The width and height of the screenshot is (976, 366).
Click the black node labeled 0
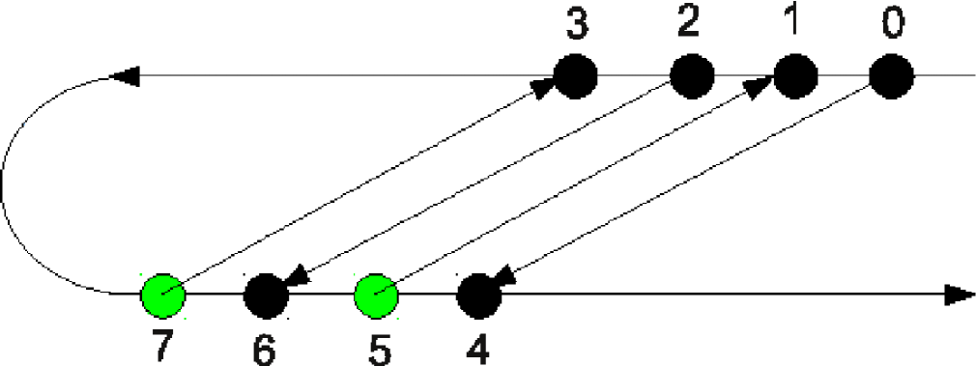[x=891, y=75]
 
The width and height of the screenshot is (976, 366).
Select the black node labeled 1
[x=796, y=75]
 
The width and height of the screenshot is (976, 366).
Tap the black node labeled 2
[x=692, y=75]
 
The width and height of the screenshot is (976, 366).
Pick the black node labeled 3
[x=576, y=75]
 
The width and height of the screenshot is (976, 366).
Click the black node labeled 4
[x=478, y=295]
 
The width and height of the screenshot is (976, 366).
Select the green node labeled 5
[x=377, y=295]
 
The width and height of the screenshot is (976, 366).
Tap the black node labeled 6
[x=267, y=295]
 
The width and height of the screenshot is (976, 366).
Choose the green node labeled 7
[x=162, y=295]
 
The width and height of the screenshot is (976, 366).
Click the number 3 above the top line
[x=577, y=26]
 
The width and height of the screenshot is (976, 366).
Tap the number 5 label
[x=381, y=350]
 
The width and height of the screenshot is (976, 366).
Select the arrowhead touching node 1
[x=761, y=87]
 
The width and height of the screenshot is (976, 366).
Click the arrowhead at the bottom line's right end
[x=959, y=295]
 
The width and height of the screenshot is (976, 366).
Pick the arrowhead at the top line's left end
[x=127, y=75]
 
